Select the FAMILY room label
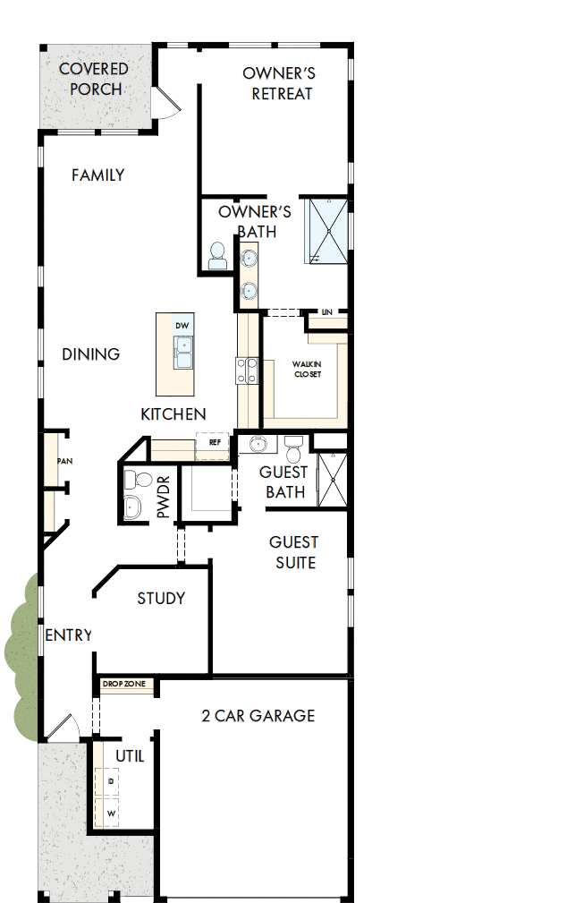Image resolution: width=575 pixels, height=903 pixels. coord(97,175)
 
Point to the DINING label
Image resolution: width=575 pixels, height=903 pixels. coord(91,354)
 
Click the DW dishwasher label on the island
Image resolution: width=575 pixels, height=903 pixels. coord(182,326)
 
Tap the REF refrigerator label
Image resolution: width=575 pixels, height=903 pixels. coord(215,442)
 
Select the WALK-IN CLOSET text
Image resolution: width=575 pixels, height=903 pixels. coord(307,370)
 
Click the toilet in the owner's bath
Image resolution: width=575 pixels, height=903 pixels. coord(216,257)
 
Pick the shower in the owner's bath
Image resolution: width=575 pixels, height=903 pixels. coord(327,231)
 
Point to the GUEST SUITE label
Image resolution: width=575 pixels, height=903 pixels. coord(294,552)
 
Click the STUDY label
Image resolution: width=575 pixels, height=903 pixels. coord(161,598)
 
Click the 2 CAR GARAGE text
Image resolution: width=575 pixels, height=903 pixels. coord(258,716)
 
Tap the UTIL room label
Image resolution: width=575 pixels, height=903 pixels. coord(130,756)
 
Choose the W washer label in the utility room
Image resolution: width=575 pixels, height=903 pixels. coord(112,814)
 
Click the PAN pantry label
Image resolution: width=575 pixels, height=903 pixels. coord(63,461)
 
